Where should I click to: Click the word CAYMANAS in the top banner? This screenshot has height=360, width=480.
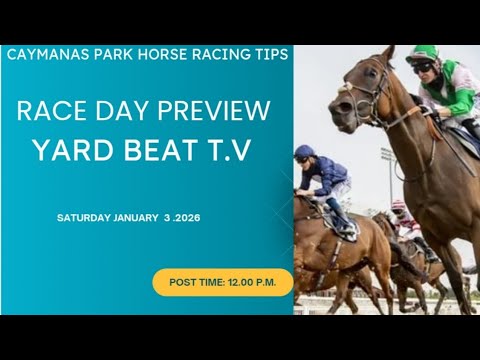click(41, 54)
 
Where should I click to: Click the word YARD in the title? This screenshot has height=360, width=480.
click(71, 150)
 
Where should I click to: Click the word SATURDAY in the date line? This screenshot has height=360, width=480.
click(85, 217)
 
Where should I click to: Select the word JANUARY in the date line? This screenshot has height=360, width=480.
click(136, 217)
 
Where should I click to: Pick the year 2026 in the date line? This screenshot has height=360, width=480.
click(187, 217)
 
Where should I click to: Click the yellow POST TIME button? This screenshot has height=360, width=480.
click(222, 282)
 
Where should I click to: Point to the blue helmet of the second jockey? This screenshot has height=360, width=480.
click(304, 152)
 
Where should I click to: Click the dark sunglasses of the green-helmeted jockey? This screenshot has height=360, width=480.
click(423, 66)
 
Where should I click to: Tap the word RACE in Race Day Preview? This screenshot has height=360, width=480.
click(44, 111)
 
